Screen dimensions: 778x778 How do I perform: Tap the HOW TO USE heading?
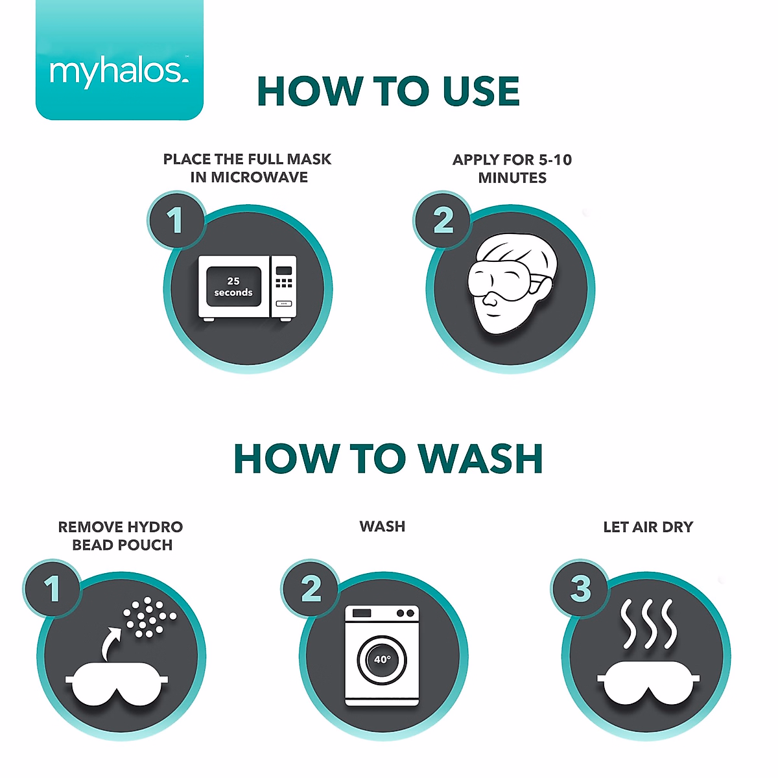coord(388,91)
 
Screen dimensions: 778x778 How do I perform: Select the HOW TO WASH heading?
coord(388,459)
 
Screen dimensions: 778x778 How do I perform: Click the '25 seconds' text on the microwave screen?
coord(233,287)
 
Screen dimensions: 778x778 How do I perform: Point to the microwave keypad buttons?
coord(284,283)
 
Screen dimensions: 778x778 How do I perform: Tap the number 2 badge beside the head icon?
coord(443,221)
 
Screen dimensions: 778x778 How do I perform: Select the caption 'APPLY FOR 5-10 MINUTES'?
coord(512,169)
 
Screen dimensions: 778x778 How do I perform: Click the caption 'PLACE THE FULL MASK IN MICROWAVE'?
coord(248,168)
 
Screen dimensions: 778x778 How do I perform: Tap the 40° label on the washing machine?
coord(382,659)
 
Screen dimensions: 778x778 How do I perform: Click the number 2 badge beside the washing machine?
coord(311,589)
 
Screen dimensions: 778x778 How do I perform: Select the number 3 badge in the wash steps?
coord(581,589)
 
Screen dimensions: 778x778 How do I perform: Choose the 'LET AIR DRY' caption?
coord(648,527)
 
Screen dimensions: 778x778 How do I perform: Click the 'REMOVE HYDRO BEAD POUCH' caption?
coord(121,536)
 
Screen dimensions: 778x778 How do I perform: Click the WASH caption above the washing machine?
coord(383,526)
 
